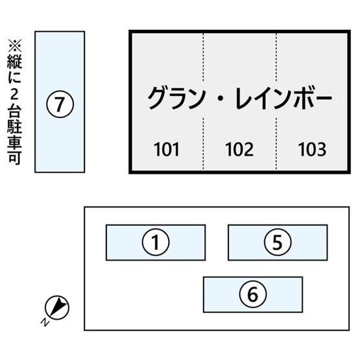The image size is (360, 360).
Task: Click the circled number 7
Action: (x=60, y=104)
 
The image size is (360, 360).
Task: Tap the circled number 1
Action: (x=156, y=242)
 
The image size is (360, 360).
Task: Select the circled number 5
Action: (x=278, y=242)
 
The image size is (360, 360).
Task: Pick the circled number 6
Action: (x=253, y=294)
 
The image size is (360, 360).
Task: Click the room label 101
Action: (x=166, y=149)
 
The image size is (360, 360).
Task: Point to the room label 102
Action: (x=239, y=149)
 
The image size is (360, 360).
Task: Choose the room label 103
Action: (x=312, y=149)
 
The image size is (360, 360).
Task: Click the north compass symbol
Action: (x=57, y=307)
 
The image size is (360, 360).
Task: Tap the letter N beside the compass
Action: (x=45, y=322)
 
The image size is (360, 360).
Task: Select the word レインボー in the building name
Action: (x=283, y=98)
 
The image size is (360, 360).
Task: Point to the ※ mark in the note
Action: (x=15, y=45)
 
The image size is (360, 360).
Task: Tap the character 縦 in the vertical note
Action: (x=15, y=62)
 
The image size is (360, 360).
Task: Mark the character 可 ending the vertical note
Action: (x=15, y=158)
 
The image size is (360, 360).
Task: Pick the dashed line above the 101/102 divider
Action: (x=203, y=56)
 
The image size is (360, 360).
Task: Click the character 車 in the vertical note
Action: (x=15, y=141)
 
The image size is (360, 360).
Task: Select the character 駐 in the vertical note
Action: (x=15, y=127)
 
